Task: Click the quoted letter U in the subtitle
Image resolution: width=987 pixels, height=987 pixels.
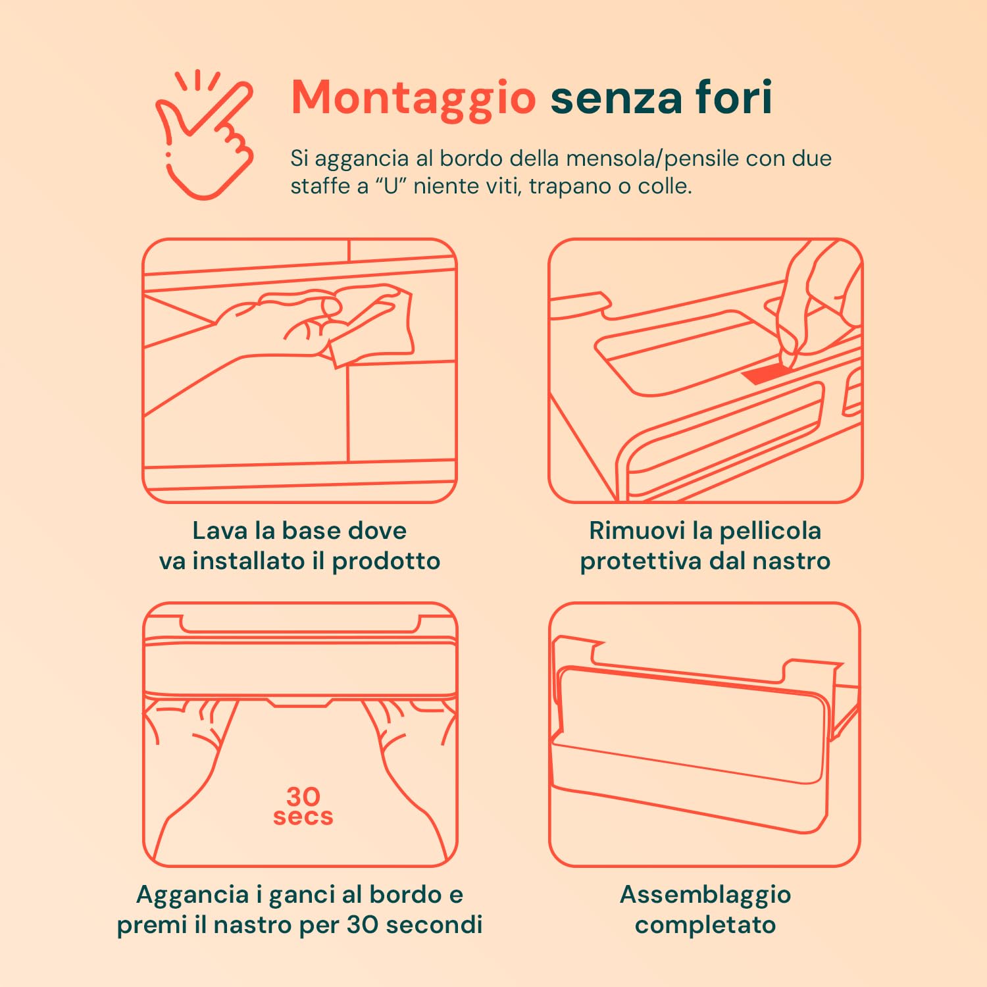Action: pos(392,186)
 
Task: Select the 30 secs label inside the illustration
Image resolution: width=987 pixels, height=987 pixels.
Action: pos(303,806)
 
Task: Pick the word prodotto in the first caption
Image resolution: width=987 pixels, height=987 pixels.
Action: pos(386,561)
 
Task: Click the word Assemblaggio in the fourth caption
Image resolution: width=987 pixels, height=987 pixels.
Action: pos(705,895)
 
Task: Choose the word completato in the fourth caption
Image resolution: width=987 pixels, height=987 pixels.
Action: pos(705,924)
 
